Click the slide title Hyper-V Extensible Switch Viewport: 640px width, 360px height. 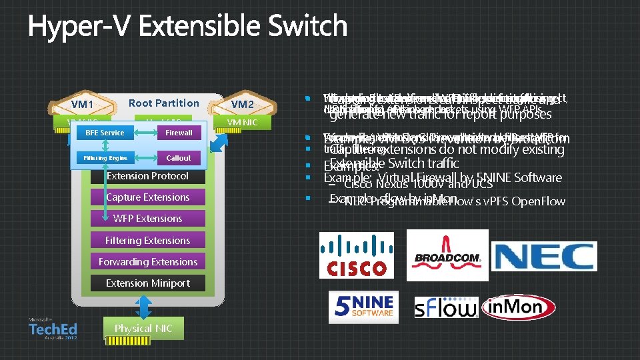point(187,27)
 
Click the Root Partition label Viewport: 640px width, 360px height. point(163,103)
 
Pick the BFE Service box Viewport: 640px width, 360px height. point(105,133)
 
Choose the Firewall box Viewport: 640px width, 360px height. point(179,133)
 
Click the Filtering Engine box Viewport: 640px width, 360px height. point(105,158)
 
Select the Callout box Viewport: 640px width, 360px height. point(179,158)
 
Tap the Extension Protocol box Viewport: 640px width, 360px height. point(147,176)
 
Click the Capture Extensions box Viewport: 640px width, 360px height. point(147,197)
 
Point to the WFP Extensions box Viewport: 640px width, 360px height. point(147,219)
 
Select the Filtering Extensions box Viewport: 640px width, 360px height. point(147,240)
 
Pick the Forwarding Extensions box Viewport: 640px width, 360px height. point(147,261)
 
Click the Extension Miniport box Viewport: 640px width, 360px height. point(147,283)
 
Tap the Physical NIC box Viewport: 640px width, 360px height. point(143,329)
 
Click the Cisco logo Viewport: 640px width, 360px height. point(356,256)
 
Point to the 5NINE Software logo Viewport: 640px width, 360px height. point(363,307)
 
